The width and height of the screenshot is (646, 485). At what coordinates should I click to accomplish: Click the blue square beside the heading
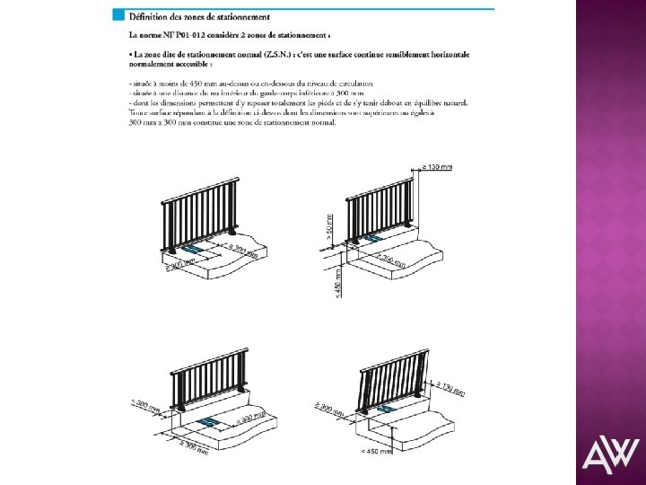[x=118, y=16]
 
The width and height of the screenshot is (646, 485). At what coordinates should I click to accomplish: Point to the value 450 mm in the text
[x=198, y=84]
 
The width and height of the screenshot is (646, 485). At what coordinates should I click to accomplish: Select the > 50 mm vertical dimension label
[x=329, y=227]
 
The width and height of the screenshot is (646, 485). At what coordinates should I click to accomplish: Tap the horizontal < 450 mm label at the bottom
[x=375, y=451]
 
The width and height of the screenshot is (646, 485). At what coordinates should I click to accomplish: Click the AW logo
[x=610, y=455]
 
